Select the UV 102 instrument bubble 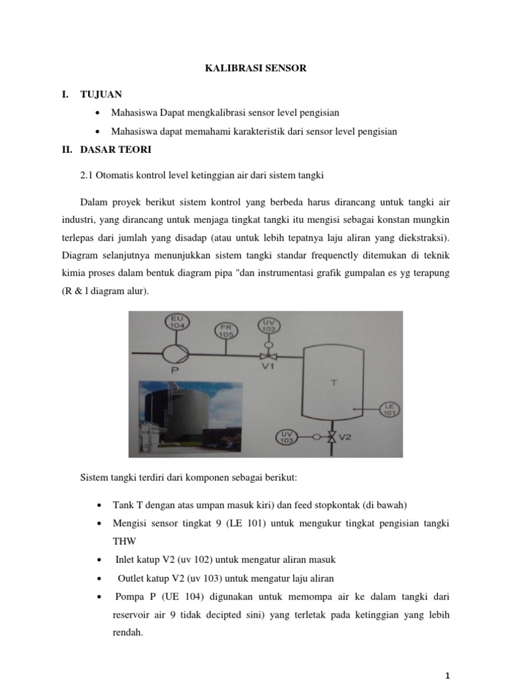coord(269,325)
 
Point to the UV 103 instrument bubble coord(287,437)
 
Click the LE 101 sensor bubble coord(389,410)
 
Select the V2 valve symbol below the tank coord(331,438)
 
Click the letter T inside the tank coord(334,382)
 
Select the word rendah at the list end coord(128,634)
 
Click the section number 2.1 coord(87,175)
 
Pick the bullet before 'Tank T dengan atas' coord(99,505)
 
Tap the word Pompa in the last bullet coord(129,596)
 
